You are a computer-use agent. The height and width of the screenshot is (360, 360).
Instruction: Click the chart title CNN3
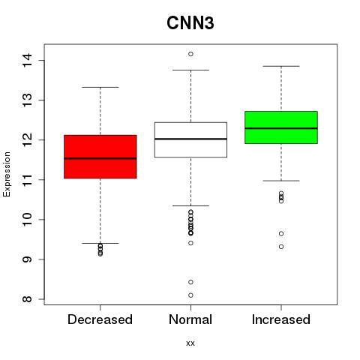point(190,23)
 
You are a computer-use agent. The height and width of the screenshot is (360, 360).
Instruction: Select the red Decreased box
point(100,157)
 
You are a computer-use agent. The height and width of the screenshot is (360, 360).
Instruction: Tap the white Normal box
point(190,139)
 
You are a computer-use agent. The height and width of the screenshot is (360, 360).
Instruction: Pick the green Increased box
point(281,127)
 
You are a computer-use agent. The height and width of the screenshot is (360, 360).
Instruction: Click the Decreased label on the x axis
point(100,319)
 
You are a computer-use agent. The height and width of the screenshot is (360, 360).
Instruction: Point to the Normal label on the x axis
point(190,319)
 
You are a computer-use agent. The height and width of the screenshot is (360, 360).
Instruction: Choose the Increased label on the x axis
point(281,319)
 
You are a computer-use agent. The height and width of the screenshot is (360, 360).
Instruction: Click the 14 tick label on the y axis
point(28,60)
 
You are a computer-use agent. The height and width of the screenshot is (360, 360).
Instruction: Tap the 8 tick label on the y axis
point(28,299)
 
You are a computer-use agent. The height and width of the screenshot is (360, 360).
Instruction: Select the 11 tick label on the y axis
point(28,180)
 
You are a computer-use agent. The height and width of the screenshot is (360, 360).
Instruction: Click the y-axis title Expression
point(7,174)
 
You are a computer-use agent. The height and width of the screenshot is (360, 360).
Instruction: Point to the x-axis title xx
point(190,343)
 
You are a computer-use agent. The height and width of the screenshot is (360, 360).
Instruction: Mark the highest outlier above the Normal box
point(190,54)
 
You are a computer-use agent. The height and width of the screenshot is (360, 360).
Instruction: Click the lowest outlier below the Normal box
point(190,295)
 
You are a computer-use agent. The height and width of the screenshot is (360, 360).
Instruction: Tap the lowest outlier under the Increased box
point(281,247)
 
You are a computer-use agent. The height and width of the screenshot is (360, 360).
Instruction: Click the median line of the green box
point(281,128)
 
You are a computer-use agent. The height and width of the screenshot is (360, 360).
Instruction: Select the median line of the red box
point(100,158)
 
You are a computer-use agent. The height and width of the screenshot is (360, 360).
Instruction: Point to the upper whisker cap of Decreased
point(100,87)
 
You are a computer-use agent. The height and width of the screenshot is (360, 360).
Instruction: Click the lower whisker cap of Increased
point(281,181)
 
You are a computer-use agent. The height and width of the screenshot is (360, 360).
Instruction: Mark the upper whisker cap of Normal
point(190,70)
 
